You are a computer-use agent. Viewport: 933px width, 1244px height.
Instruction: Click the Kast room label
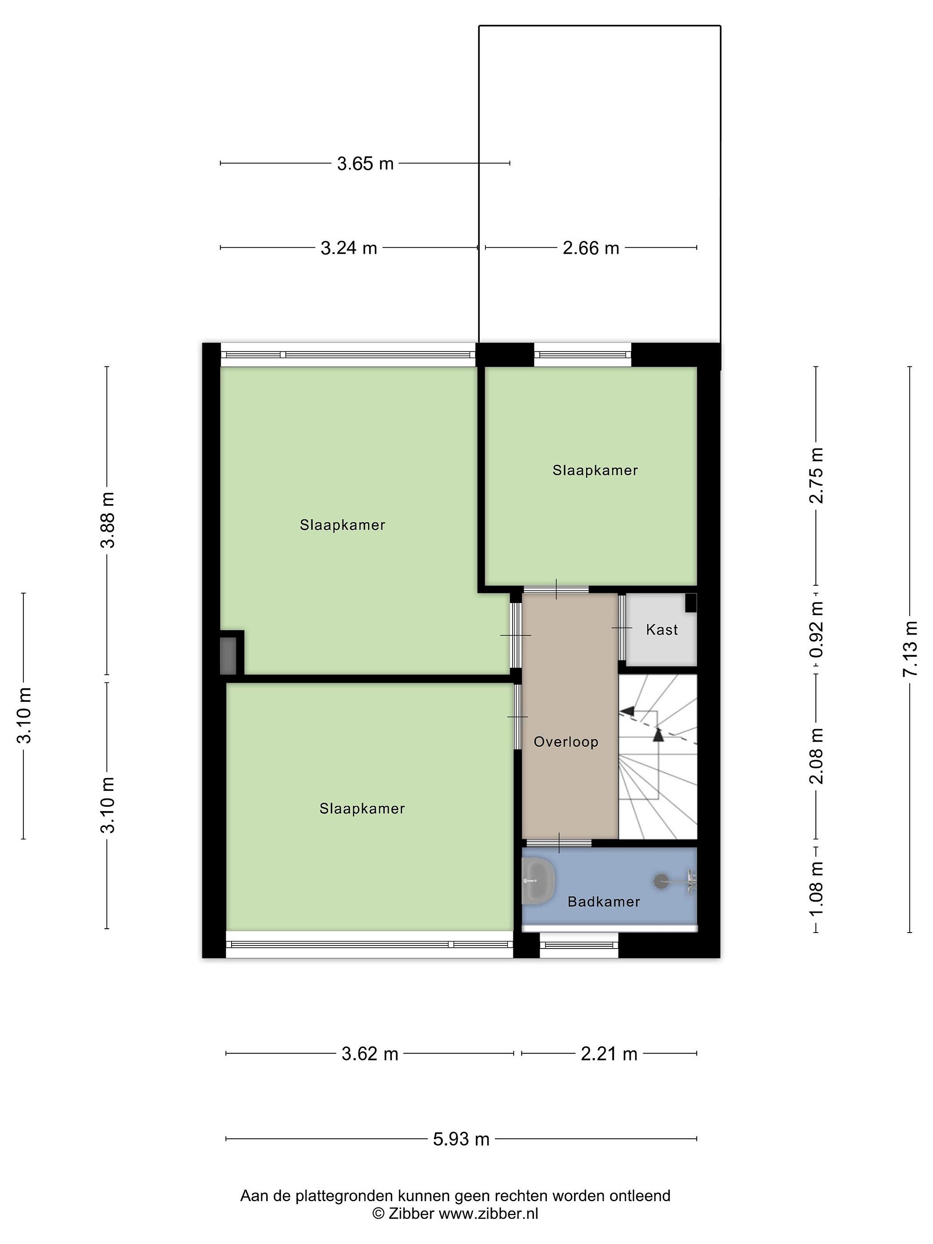(x=661, y=629)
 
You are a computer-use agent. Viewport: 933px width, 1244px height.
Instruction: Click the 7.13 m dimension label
(x=910, y=649)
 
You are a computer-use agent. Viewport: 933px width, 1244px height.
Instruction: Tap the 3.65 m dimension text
(x=365, y=164)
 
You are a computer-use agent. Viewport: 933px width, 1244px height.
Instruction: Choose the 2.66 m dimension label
(x=590, y=248)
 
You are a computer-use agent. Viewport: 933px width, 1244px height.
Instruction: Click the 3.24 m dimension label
(x=349, y=248)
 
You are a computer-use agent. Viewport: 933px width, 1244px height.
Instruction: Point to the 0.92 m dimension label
(x=816, y=629)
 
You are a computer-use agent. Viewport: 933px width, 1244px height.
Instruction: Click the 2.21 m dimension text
(x=609, y=1054)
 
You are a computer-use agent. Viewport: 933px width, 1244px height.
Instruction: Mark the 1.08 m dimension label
(x=816, y=889)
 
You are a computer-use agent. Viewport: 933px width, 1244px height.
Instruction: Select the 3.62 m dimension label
(x=370, y=1054)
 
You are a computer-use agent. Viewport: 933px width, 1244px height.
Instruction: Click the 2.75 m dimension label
(x=816, y=475)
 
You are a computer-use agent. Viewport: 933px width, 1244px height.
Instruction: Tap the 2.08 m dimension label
(x=816, y=756)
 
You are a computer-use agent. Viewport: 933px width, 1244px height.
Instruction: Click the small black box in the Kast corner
(x=691, y=602)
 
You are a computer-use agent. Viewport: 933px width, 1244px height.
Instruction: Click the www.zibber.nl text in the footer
(x=488, y=1214)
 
